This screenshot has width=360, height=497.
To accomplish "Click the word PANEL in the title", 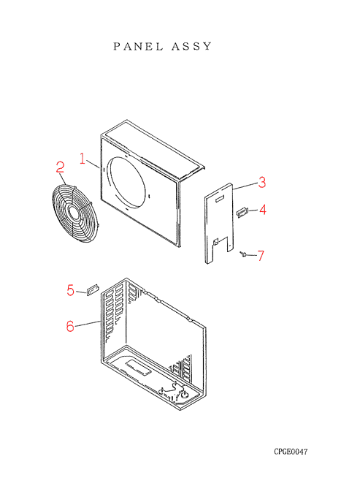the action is pyautogui.click(x=138, y=47).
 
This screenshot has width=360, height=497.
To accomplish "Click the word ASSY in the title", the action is pyautogui.click(x=191, y=47).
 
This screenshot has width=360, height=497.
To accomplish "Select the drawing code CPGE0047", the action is pyautogui.click(x=291, y=452).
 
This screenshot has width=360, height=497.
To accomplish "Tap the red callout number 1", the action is pyautogui.click(x=83, y=159).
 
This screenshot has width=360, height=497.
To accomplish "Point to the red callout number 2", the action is pyautogui.click(x=60, y=167).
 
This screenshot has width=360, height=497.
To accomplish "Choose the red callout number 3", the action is pyautogui.click(x=262, y=182).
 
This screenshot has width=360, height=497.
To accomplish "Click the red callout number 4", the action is pyautogui.click(x=263, y=210).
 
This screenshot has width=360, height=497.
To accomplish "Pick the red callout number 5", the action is pyautogui.click(x=70, y=290).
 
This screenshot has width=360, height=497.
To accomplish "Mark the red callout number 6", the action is pyautogui.click(x=70, y=326).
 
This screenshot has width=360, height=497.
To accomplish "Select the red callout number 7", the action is pyautogui.click(x=261, y=256).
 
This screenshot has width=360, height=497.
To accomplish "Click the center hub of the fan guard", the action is pyautogui.click(x=74, y=213).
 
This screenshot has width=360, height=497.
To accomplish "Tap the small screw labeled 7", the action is pyautogui.click(x=243, y=254).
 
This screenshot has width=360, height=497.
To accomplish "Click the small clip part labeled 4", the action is pyautogui.click(x=242, y=212).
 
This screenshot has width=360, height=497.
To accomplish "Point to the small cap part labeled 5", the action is pyautogui.click(x=92, y=289).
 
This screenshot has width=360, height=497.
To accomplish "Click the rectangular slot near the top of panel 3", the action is pyautogui.click(x=220, y=199).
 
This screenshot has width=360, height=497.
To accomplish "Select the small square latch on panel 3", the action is pyautogui.click(x=215, y=242).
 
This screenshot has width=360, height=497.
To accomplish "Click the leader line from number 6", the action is pyautogui.click(x=88, y=324).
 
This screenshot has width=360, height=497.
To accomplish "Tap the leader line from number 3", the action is pyautogui.click(x=245, y=186).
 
